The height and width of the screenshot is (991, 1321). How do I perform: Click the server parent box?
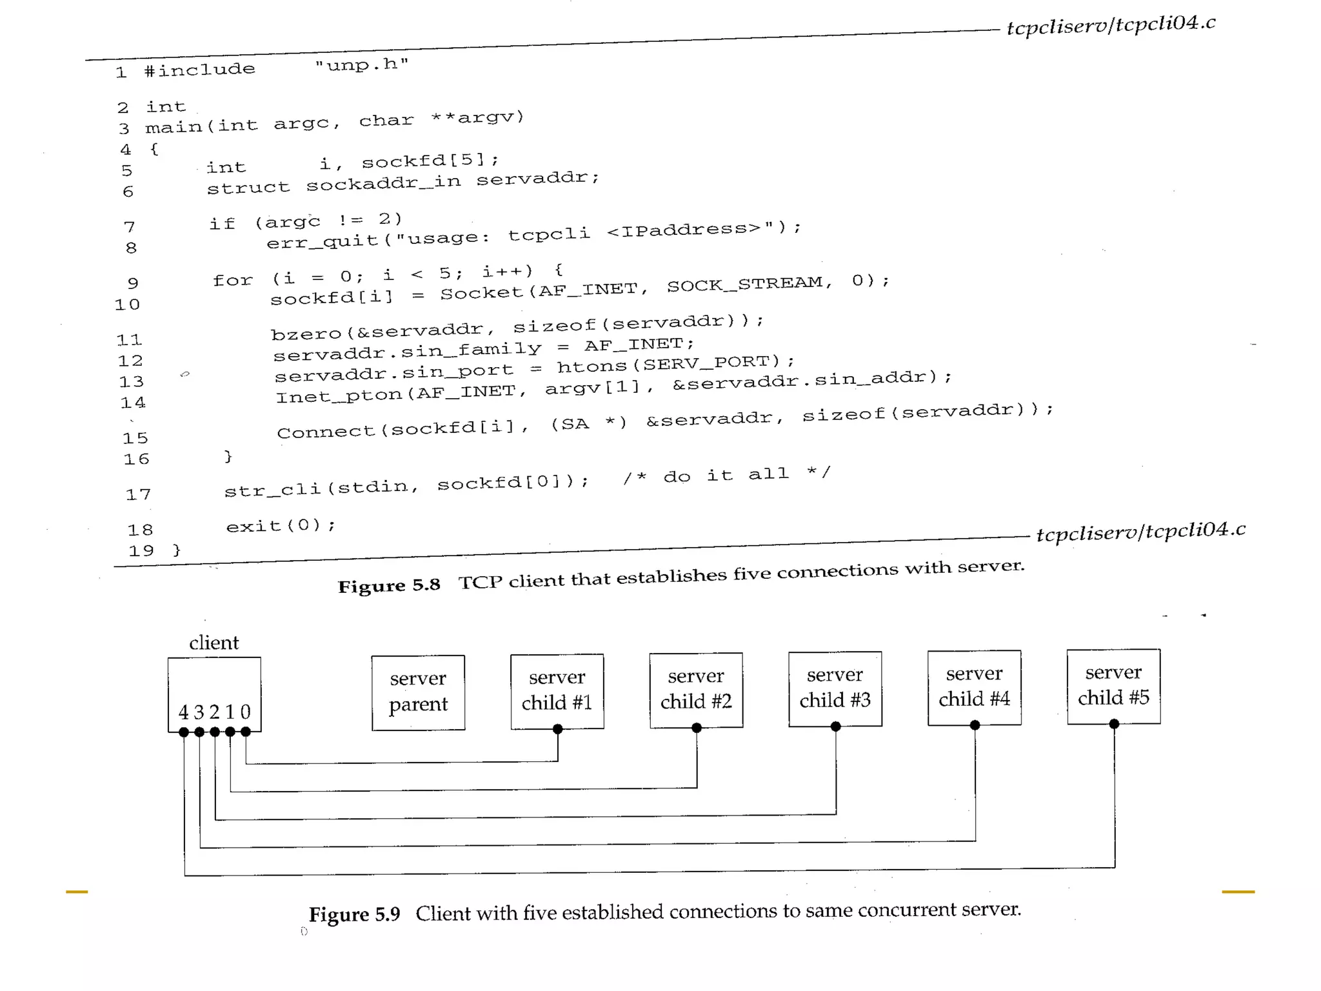pos(418,692)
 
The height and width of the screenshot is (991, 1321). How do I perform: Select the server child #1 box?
pos(557,690)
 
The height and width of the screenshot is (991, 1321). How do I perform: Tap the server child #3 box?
pos(835,688)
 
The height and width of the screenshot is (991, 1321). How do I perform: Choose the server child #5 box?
pos(1113,686)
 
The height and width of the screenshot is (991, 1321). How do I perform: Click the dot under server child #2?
pos(697,728)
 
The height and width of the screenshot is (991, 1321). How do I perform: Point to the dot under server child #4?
pos(975,725)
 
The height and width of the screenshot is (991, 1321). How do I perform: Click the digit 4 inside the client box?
pos(183,712)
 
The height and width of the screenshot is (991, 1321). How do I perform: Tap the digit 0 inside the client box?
pos(245,712)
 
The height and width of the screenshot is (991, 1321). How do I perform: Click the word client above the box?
pos(214,643)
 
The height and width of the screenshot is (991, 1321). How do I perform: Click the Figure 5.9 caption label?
pos(354,914)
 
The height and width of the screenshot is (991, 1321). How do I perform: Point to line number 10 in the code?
pos(127,305)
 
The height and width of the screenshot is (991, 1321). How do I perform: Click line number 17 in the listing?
pos(138,495)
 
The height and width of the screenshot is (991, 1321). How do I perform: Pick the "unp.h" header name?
pos(362,65)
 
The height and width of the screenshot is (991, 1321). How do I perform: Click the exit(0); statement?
pos(281,526)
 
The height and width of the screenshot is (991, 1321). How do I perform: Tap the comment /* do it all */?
pos(726,475)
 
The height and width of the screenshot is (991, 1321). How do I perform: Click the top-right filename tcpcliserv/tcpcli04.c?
pos(1111,25)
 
